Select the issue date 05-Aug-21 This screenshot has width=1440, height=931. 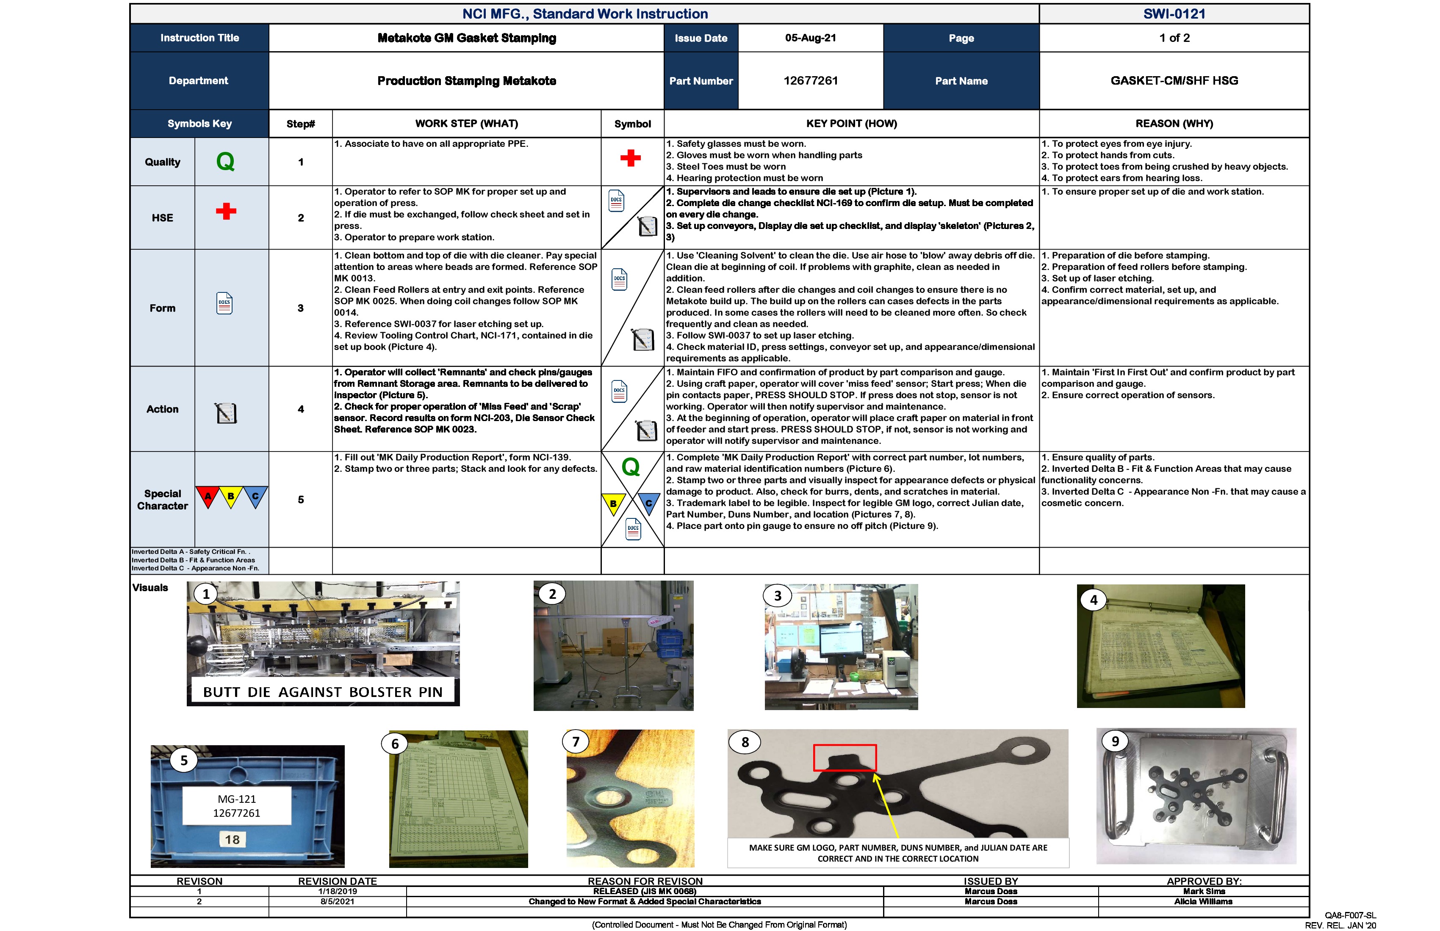pos(810,38)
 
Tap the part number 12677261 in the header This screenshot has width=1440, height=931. pos(810,80)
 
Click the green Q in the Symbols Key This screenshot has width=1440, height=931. pos(225,161)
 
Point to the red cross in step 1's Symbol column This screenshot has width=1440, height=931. pos(631,158)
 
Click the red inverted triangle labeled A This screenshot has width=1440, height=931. pos(208,496)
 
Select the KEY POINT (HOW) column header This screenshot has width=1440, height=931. pos(851,123)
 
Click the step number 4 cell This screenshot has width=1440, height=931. pos(301,409)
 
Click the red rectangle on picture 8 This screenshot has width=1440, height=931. pos(845,757)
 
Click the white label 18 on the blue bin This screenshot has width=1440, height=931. pos(233,839)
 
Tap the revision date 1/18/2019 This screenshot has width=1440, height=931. pos(338,891)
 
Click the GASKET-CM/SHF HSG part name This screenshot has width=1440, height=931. pos(1174,80)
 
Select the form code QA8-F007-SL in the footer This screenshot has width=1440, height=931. pos(1350,915)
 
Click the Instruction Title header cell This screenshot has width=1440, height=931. pos(199,38)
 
